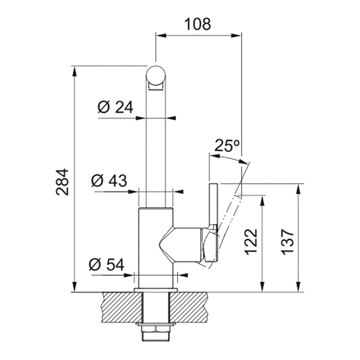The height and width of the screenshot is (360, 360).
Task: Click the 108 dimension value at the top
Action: coord(198,24)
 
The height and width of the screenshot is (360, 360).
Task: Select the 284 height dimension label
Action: coord(62,182)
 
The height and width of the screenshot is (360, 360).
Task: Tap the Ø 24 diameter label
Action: coord(115,107)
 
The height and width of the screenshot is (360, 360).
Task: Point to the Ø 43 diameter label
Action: coord(109,181)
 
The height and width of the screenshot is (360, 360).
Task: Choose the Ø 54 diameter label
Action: coord(107,265)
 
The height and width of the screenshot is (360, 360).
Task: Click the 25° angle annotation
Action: coord(227,145)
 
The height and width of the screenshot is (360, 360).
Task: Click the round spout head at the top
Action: coord(156,75)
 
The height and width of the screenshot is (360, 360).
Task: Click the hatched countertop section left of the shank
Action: coord(121,307)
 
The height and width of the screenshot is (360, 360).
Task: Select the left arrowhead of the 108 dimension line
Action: coord(161,35)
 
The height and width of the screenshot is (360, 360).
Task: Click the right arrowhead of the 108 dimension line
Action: coord(236,35)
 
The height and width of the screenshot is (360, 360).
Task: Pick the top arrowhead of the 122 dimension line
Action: coord(262,201)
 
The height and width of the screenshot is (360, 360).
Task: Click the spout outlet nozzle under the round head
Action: coord(156,87)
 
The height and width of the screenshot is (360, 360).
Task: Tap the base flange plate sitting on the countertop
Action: coord(156,290)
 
